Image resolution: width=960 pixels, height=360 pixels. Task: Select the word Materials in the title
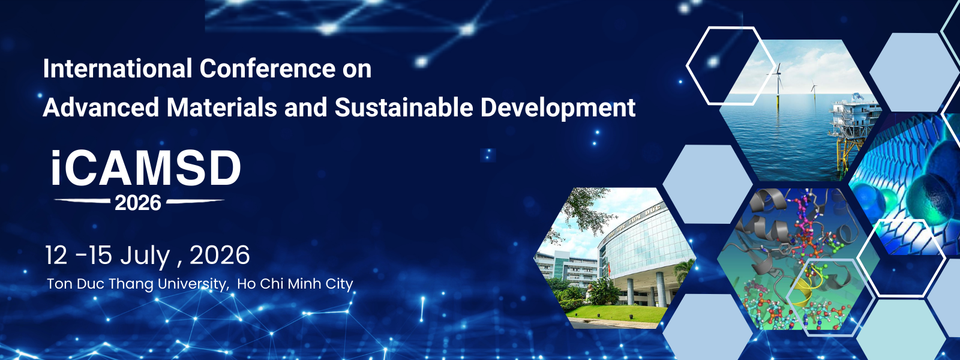[x=221, y=107]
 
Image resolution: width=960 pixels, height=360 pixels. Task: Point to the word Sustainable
[x=404, y=107]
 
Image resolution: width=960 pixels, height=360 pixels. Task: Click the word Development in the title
[x=558, y=108]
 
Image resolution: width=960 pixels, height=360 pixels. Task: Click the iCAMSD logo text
[x=146, y=169]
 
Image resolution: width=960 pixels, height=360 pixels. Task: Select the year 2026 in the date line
[x=220, y=256]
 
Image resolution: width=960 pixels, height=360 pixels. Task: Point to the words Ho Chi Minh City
[x=295, y=284]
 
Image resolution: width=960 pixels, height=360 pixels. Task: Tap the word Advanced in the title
[x=101, y=107]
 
